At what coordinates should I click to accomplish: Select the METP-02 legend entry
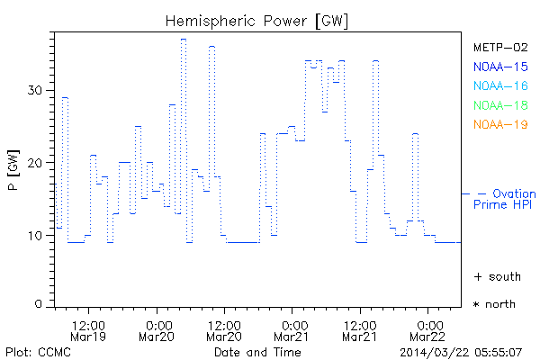(x=499, y=47)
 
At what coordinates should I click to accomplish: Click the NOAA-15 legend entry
(x=499, y=67)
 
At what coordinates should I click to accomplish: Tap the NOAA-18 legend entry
(x=499, y=105)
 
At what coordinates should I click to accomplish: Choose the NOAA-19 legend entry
(x=499, y=124)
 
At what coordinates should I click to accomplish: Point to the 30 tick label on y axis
(x=35, y=90)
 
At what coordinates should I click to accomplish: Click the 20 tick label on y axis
(x=35, y=163)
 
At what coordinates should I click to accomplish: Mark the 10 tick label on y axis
(x=35, y=236)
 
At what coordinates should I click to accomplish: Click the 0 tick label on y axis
(x=39, y=304)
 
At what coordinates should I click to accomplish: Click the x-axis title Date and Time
(x=257, y=352)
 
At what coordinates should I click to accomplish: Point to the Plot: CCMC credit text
(x=35, y=352)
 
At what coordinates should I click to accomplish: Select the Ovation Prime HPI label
(x=504, y=199)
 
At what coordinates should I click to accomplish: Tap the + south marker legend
(x=497, y=276)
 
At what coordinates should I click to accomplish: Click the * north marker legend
(x=495, y=304)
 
